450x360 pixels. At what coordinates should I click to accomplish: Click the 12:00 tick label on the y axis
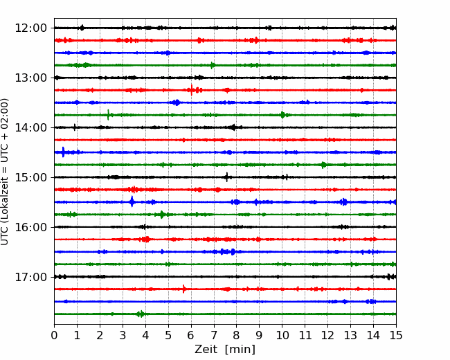pyautogui.click(x=30, y=28)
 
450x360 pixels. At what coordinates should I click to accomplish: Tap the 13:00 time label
pyautogui.click(x=30, y=78)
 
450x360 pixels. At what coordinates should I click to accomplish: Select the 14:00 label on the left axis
pyautogui.click(x=30, y=127)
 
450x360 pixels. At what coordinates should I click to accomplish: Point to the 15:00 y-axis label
pyautogui.click(x=30, y=177)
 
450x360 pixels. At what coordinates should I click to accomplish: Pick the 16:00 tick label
pyautogui.click(x=30, y=227)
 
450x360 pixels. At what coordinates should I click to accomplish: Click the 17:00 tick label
pyautogui.click(x=30, y=277)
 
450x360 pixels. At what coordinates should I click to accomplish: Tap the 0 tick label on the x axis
pyautogui.click(x=54, y=335)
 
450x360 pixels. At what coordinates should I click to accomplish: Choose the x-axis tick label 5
pyautogui.click(x=168, y=335)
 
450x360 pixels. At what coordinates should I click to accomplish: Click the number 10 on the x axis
pyautogui.click(x=282, y=335)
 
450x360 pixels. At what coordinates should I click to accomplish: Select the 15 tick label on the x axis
pyautogui.click(x=396, y=335)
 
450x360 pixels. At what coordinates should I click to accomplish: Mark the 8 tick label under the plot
pyautogui.click(x=237, y=335)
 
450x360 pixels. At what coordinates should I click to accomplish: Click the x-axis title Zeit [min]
pyautogui.click(x=225, y=350)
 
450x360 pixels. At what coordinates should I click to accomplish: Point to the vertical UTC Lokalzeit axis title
pyautogui.click(x=5, y=172)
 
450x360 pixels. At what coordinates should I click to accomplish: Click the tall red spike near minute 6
pyautogui.click(x=191, y=90)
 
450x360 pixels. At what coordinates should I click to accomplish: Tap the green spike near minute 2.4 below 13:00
pyautogui.click(x=108, y=115)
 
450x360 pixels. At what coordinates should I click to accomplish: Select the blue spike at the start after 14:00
pyautogui.click(x=63, y=152)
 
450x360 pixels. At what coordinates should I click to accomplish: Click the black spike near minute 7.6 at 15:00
pyautogui.click(x=227, y=177)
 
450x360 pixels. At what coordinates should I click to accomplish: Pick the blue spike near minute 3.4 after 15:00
pyautogui.click(x=132, y=202)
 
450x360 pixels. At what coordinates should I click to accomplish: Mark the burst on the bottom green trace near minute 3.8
pyautogui.click(x=141, y=314)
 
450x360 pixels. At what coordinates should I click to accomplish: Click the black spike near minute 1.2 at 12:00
pyautogui.click(x=82, y=28)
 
